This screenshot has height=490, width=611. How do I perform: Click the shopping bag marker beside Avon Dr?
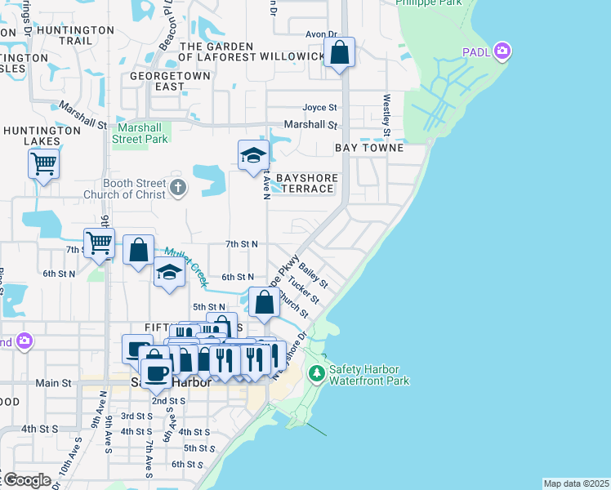pos(340,54)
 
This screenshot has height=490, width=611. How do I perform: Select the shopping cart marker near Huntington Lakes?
pos(43,164)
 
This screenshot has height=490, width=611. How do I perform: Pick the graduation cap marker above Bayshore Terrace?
pos(253,155)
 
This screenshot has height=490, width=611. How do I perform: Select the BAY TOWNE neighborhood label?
pos(369,148)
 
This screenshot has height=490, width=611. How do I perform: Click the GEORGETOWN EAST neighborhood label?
pos(170,81)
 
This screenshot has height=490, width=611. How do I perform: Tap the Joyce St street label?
pos(319,108)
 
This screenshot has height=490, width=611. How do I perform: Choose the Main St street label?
pos(53,382)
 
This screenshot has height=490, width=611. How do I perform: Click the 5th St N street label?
pos(208,307)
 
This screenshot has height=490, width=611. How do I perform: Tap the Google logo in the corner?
pos(26,480)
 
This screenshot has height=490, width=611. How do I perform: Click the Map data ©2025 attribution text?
pos(576,483)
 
